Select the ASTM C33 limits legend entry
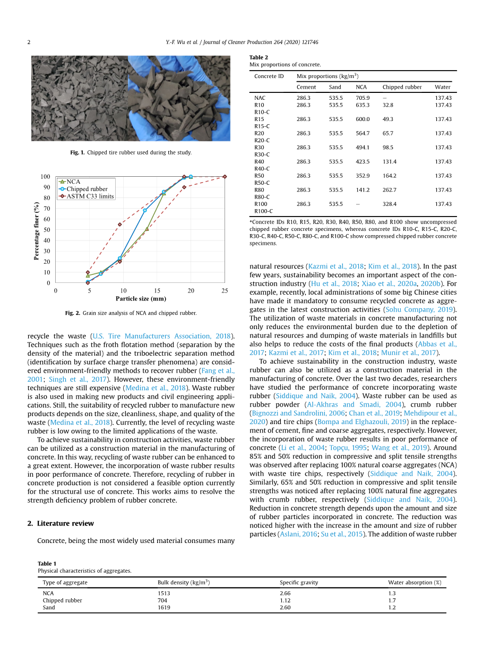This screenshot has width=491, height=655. click(x=90, y=196)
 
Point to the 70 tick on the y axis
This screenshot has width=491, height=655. click(x=47, y=209)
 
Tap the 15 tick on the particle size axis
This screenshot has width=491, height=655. click(x=157, y=291)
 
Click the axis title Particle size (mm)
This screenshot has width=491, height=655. click(x=141, y=299)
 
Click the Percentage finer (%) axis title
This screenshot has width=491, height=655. click(x=37, y=230)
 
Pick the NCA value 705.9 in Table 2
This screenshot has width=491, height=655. click(x=363, y=98)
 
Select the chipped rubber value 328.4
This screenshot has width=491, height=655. click(x=390, y=204)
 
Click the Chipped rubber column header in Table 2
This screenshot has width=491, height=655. click(x=402, y=87)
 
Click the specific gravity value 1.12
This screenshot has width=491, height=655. click(x=285, y=601)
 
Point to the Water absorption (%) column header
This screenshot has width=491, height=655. click(x=415, y=582)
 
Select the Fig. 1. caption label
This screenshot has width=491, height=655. click(x=77, y=153)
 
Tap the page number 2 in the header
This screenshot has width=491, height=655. click(x=29, y=42)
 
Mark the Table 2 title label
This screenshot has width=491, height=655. click(x=259, y=57)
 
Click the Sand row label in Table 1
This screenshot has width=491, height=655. click(x=48, y=608)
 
